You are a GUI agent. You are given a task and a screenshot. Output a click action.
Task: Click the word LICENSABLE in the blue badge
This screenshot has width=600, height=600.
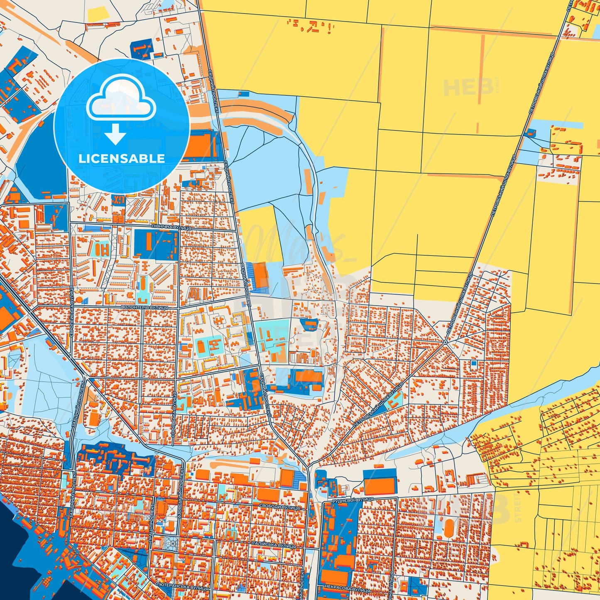(x=121, y=158)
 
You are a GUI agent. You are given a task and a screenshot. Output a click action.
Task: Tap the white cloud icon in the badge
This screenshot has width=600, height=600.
(x=121, y=100)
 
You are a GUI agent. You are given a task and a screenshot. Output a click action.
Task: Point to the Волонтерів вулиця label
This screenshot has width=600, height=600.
(x=144, y=307)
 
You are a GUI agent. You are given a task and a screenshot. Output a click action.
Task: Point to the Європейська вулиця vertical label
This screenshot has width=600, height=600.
(x=72, y=308)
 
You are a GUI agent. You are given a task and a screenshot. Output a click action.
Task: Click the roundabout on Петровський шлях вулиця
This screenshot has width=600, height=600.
(x=445, y=343)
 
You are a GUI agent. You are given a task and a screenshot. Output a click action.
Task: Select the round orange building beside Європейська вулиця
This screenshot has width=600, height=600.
(x=80, y=299)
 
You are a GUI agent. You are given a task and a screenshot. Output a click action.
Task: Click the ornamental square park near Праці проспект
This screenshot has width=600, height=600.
(x=170, y=543)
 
